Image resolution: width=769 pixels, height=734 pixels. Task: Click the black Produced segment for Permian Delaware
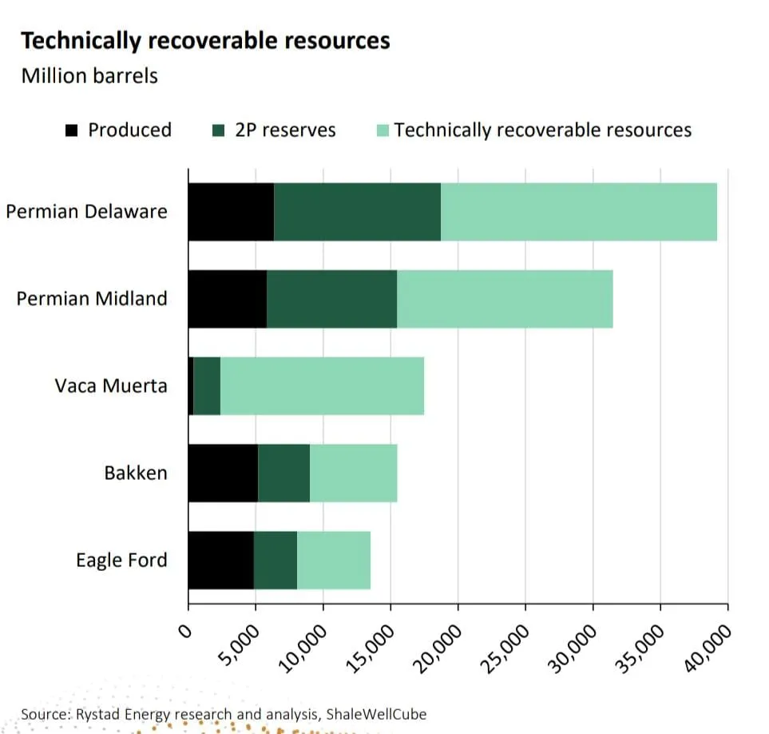point(231,212)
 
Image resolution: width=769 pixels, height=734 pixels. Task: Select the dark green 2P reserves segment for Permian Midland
point(331,299)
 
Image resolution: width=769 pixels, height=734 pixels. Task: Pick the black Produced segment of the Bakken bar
point(223,473)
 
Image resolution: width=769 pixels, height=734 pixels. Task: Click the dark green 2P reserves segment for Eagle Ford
point(275,560)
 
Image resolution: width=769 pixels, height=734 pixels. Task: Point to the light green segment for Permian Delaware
point(579,212)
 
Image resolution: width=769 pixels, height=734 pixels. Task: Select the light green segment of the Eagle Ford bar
point(334,560)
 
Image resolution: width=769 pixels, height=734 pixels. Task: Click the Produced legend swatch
point(73,130)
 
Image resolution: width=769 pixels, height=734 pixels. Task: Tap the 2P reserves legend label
point(285,130)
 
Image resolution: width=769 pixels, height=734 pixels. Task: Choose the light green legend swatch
point(383,130)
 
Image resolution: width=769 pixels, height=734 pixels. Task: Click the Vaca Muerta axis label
point(111,386)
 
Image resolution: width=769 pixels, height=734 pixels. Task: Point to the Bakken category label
point(136,473)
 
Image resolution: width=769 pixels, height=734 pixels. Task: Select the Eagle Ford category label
point(121,560)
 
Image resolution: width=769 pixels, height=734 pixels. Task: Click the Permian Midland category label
point(92,299)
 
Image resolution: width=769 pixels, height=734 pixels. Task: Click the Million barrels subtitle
point(89,76)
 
